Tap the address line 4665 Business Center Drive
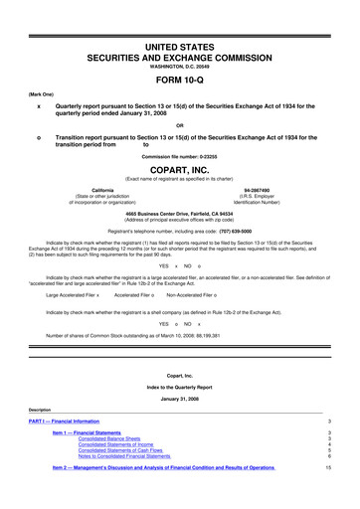point(179,215)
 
